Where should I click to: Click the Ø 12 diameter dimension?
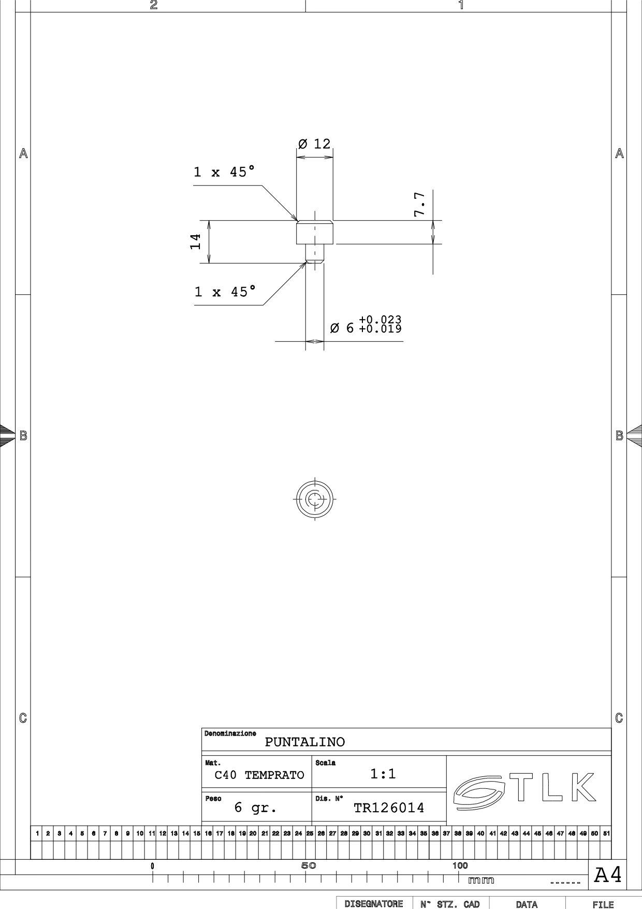click(x=314, y=143)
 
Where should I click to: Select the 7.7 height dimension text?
click(x=420, y=204)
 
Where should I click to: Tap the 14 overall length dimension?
click(x=195, y=241)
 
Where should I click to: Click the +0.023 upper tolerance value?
click(x=380, y=320)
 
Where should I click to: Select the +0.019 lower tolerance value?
click(x=380, y=328)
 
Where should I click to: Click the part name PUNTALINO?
click(x=305, y=742)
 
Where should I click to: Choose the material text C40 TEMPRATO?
click(x=259, y=775)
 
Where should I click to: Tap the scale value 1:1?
click(x=383, y=774)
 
